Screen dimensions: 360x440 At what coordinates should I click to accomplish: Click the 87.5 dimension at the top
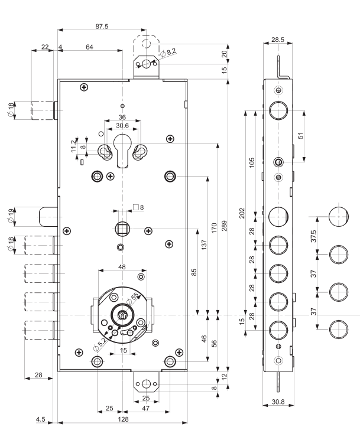(102, 27)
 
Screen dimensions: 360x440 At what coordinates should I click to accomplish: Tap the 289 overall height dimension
(224, 226)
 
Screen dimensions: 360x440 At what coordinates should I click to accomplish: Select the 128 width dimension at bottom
(123, 419)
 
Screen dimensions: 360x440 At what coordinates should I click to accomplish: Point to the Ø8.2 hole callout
(168, 52)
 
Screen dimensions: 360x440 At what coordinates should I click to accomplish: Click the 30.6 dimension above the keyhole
(122, 125)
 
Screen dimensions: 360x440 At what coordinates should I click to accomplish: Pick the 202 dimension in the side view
(242, 213)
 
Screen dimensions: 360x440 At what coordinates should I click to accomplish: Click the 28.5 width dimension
(278, 40)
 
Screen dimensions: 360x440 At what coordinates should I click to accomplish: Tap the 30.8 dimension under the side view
(278, 402)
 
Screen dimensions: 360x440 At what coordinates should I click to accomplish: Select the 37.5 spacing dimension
(314, 236)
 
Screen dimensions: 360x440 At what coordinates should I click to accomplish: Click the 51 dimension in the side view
(300, 136)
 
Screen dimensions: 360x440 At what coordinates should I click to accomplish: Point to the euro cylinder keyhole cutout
(122, 151)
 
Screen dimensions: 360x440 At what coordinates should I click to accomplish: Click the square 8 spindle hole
(122, 229)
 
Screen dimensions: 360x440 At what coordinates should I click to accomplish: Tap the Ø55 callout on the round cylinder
(133, 298)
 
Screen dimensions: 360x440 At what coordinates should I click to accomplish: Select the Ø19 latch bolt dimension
(11, 216)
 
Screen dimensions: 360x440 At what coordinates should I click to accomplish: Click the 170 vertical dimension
(214, 228)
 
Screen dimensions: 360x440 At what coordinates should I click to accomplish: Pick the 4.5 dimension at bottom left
(40, 419)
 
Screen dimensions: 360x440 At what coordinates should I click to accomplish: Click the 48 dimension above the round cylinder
(122, 266)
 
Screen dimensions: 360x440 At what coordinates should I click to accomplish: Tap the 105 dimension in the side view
(252, 162)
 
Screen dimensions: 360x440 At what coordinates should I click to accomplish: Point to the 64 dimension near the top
(89, 47)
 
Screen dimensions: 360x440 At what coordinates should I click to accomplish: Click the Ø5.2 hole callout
(100, 344)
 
